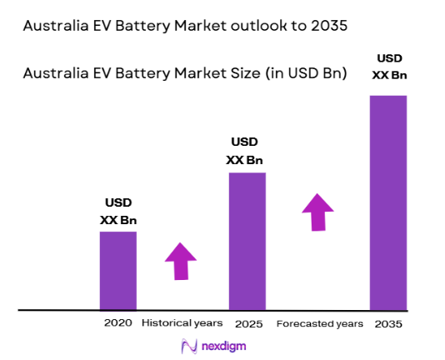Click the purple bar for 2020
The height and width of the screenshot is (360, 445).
click(117, 270)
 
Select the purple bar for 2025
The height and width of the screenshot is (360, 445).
click(247, 241)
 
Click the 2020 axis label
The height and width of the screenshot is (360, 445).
click(117, 322)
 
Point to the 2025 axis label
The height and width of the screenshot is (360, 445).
click(247, 322)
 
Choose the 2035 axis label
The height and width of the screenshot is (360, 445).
click(387, 322)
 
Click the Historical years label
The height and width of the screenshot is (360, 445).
click(182, 322)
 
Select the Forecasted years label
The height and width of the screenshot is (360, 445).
click(319, 322)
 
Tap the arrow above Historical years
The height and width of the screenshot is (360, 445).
click(181, 261)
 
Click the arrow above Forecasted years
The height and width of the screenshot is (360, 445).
click(317, 211)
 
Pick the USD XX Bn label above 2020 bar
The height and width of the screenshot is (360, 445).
click(117, 212)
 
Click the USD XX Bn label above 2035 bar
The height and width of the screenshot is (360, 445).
click(387, 67)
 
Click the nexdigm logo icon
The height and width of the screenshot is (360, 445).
click(187, 345)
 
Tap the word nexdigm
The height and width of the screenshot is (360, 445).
click(222, 345)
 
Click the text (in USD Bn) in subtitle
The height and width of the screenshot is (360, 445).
click(301, 73)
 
